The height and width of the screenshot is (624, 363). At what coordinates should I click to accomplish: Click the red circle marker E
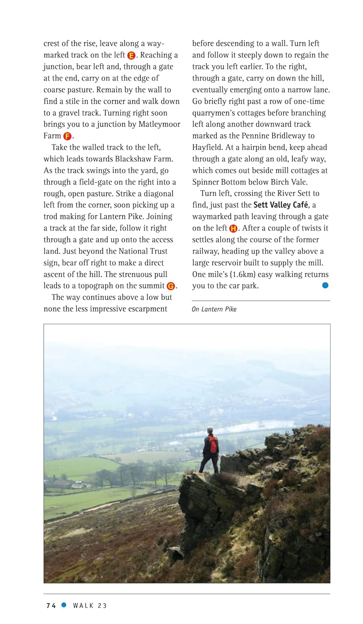tap(132, 55)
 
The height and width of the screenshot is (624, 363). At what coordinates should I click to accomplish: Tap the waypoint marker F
tap(67, 136)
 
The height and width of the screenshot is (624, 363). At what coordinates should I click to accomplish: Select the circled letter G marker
tap(171, 286)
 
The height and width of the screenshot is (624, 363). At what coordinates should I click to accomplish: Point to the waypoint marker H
tap(233, 228)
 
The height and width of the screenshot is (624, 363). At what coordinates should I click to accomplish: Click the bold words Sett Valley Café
tap(281, 205)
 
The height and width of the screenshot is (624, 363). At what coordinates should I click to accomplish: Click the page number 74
tap(51, 606)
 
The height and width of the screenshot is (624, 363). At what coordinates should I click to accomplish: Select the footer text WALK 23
tap(90, 606)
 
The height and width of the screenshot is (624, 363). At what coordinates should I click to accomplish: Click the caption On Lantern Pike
tap(214, 309)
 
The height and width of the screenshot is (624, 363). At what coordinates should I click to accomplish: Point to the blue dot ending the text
tap(325, 285)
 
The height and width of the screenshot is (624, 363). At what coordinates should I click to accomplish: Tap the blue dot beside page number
tap(64, 605)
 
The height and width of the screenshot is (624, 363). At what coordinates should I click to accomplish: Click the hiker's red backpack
tap(213, 444)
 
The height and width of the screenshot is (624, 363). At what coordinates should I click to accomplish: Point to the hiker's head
tap(210, 430)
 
